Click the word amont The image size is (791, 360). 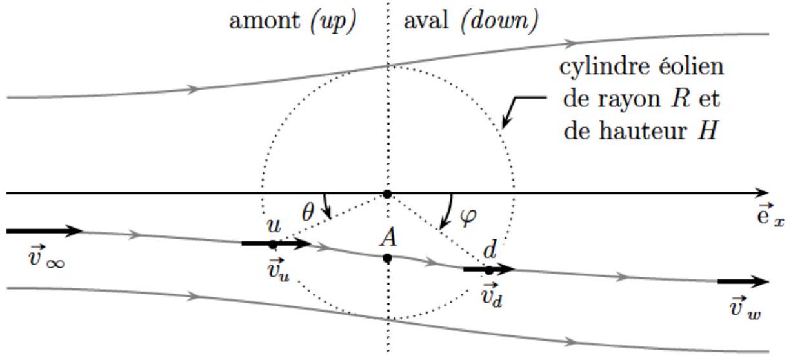coord(265,21)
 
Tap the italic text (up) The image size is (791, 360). coord(334,22)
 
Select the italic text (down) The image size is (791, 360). coord(499,21)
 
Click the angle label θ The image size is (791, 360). coord(308,212)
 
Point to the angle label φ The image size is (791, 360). coord(468,216)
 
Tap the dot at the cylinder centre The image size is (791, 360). coord(387,194)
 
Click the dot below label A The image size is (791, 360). coord(387,258)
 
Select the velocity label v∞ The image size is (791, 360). coord(46,259)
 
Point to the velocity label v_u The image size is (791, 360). coord(279,270)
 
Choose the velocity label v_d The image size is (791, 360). coord(492,295)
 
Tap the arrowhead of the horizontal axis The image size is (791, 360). coord(762,193)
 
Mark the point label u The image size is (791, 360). coord(274,226)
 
